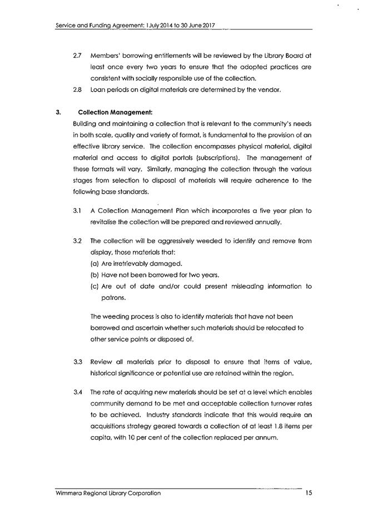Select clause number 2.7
tap(78, 56)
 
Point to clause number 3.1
tap(78, 211)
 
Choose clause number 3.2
tap(78, 241)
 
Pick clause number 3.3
tap(78, 363)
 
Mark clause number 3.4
tap(78, 393)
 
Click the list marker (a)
tap(95, 263)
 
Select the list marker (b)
tap(95, 275)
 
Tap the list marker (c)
tap(95, 286)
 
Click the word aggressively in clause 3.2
tap(171, 241)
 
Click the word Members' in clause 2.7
tap(105, 56)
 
